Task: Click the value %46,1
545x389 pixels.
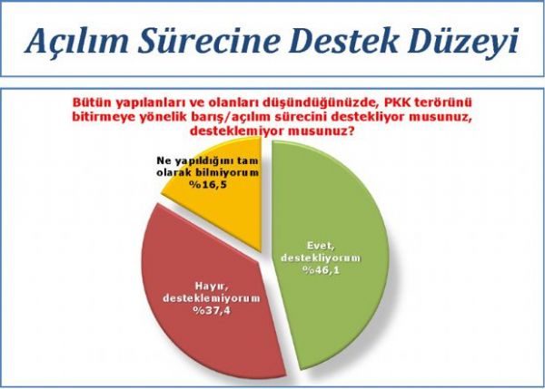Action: (322, 270)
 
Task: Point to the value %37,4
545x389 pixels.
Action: (212, 310)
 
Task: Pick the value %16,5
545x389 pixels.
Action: (208, 184)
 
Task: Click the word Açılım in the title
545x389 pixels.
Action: (77, 40)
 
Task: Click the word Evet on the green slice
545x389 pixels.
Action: (321, 246)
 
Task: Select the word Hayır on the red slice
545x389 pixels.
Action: (212, 286)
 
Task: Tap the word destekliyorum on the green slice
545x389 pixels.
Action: (321, 258)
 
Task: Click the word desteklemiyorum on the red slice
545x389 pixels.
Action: (212, 298)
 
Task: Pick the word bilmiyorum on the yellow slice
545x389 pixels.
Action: (231, 172)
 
